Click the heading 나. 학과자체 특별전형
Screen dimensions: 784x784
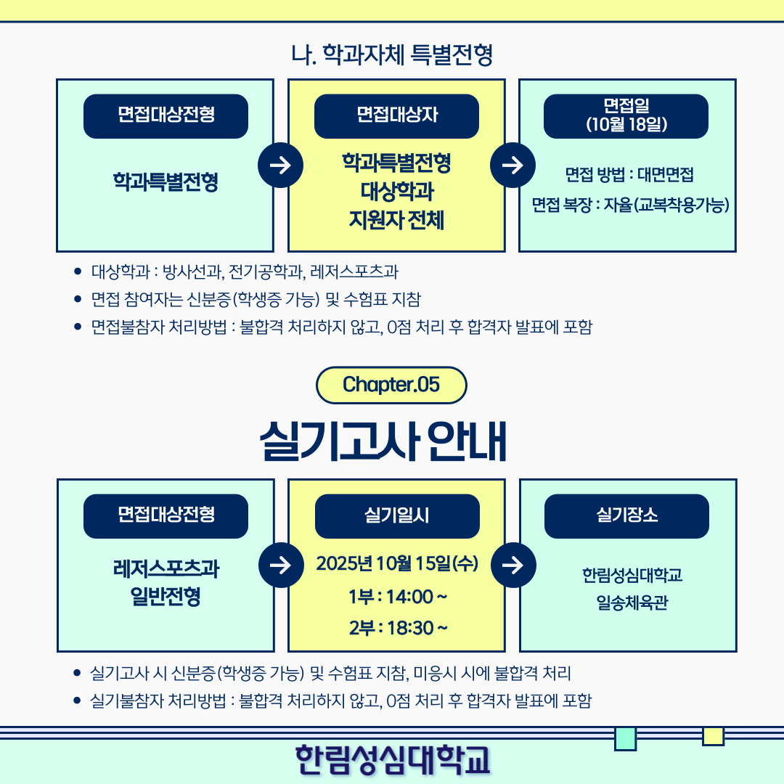392,54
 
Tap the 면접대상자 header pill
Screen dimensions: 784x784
396,116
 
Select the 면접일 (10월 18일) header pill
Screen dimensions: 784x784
626,115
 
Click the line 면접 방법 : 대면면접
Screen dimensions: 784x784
629,175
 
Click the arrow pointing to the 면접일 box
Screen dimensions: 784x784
513,166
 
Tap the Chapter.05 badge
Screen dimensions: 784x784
391,385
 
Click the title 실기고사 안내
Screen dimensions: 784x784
383,441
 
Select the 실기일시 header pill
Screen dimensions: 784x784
397,516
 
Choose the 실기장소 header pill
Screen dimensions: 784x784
626,516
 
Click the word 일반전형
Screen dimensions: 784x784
166,597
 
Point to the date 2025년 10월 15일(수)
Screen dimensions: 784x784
397,563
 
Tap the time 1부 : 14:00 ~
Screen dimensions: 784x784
397,597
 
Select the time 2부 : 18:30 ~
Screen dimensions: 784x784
397,627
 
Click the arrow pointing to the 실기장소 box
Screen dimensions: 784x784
513,565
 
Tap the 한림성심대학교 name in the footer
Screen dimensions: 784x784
392,759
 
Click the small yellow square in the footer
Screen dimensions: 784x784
713,736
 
